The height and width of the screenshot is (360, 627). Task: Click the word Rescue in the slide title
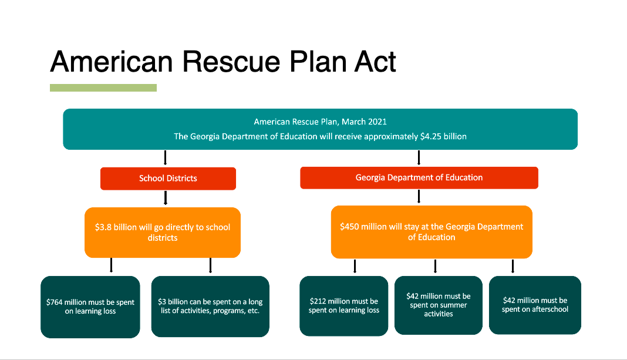pyautogui.click(x=231, y=62)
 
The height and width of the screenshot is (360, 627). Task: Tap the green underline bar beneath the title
pyautogui.click(x=103, y=88)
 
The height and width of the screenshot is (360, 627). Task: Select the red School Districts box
pyautogui.click(x=168, y=179)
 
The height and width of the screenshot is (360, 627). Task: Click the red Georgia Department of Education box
pyautogui.click(x=419, y=177)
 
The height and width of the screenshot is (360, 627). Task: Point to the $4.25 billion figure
pyautogui.click(x=443, y=136)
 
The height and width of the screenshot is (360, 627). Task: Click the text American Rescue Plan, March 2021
pyautogui.click(x=321, y=122)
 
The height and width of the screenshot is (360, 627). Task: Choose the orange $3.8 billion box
pyautogui.click(x=163, y=233)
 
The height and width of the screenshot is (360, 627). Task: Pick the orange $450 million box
pyautogui.click(x=432, y=232)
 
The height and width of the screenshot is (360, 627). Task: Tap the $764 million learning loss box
pyautogui.click(x=90, y=307)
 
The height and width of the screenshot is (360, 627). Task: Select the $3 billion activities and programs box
pyautogui.click(x=210, y=307)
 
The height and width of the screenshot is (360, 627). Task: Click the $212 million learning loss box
pyautogui.click(x=344, y=305)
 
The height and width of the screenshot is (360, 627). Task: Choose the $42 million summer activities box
pyautogui.click(x=439, y=305)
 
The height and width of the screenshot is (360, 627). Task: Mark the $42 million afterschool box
pyautogui.click(x=535, y=305)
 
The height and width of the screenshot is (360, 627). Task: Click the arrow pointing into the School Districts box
pyautogui.click(x=165, y=157)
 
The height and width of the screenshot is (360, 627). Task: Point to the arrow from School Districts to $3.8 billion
pyautogui.click(x=165, y=198)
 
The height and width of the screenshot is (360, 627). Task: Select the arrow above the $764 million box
pyautogui.click(x=111, y=265)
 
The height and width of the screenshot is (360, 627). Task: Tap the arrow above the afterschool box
pyautogui.click(x=513, y=266)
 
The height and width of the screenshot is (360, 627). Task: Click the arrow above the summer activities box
pyautogui.click(x=435, y=266)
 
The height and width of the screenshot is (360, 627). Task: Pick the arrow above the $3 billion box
pyautogui.click(x=210, y=265)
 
